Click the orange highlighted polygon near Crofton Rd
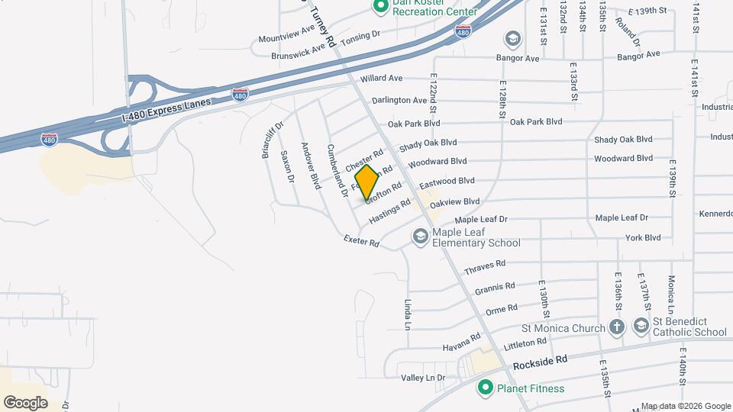tap(366, 183)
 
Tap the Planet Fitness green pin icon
tap(484, 388)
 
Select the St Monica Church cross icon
tap(617, 327)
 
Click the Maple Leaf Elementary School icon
tap(420, 237)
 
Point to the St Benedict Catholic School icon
tap(640, 327)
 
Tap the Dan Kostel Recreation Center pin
tap(380, 7)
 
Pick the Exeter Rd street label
tap(361, 243)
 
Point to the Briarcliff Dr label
tap(272, 138)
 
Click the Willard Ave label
tap(381, 78)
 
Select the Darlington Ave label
tap(399, 100)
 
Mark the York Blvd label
tap(642, 238)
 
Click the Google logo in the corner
tap(25, 402)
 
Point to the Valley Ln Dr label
tap(423, 378)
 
